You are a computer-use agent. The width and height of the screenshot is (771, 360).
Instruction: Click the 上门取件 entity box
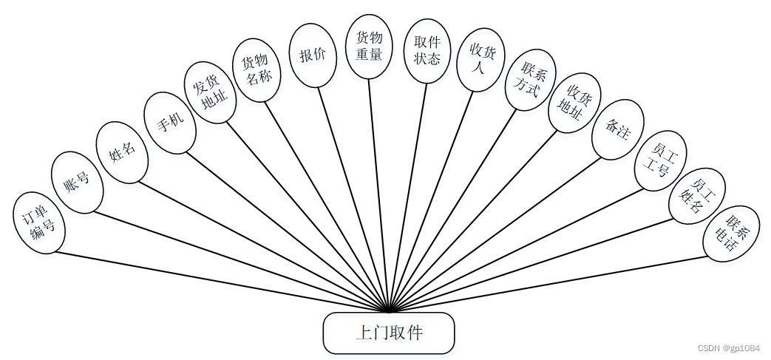[388, 333]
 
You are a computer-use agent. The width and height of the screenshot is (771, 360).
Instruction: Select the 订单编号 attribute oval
[39, 223]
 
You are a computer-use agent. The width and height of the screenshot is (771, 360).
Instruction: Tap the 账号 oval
[77, 183]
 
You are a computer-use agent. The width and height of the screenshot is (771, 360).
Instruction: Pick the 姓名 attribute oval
[123, 152]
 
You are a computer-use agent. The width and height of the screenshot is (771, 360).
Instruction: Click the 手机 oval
[169, 123]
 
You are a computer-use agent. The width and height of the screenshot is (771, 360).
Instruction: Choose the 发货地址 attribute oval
[210, 92]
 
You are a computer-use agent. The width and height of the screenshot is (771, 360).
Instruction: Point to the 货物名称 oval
[257, 69]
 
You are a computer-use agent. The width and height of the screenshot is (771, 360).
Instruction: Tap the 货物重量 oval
[369, 47]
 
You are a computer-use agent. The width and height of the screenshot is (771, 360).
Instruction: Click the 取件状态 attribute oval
[427, 51]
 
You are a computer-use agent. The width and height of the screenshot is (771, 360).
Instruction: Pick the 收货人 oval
[480, 60]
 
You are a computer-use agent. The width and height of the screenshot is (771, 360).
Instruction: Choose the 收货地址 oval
[574, 102]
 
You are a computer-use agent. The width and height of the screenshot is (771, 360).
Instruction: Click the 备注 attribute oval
[618, 129]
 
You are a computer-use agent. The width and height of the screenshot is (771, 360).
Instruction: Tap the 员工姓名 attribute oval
[696, 195]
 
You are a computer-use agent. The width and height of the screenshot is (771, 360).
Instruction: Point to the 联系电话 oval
[731, 233]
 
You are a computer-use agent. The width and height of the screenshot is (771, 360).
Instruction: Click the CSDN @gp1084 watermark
[727, 348]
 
